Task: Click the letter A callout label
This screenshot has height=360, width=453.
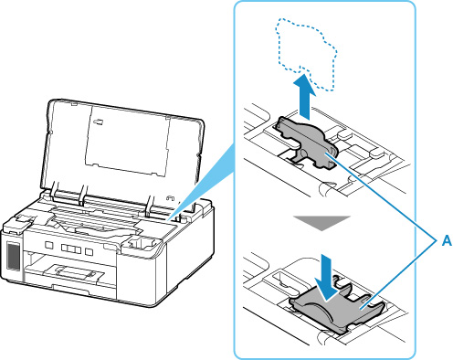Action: click(x=447, y=241)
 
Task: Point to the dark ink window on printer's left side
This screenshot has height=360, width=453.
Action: click(x=13, y=256)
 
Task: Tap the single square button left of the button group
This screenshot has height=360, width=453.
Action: click(x=48, y=245)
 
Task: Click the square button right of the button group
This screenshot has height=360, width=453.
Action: click(x=89, y=251)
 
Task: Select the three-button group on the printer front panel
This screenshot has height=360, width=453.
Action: click(x=71, y=249)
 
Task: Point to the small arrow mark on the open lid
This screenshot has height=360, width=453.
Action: click(x=99, y=122)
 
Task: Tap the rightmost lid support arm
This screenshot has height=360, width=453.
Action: click(x=150, y=209)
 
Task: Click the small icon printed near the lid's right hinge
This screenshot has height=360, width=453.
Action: click(x=170, y=198)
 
